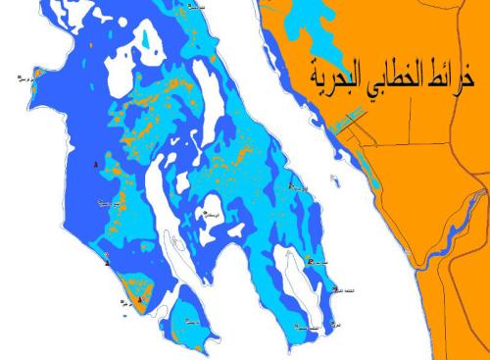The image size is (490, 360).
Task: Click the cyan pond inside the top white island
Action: click(x=146, y=42)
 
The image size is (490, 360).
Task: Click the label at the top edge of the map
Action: click(x=197, y=5)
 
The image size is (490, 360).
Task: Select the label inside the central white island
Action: click(x=208, y=214)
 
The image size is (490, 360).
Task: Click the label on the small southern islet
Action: click(x=192, y=322)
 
